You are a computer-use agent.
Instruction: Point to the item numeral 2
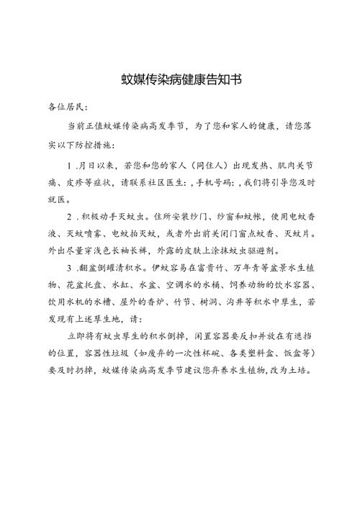click(68, 215)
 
